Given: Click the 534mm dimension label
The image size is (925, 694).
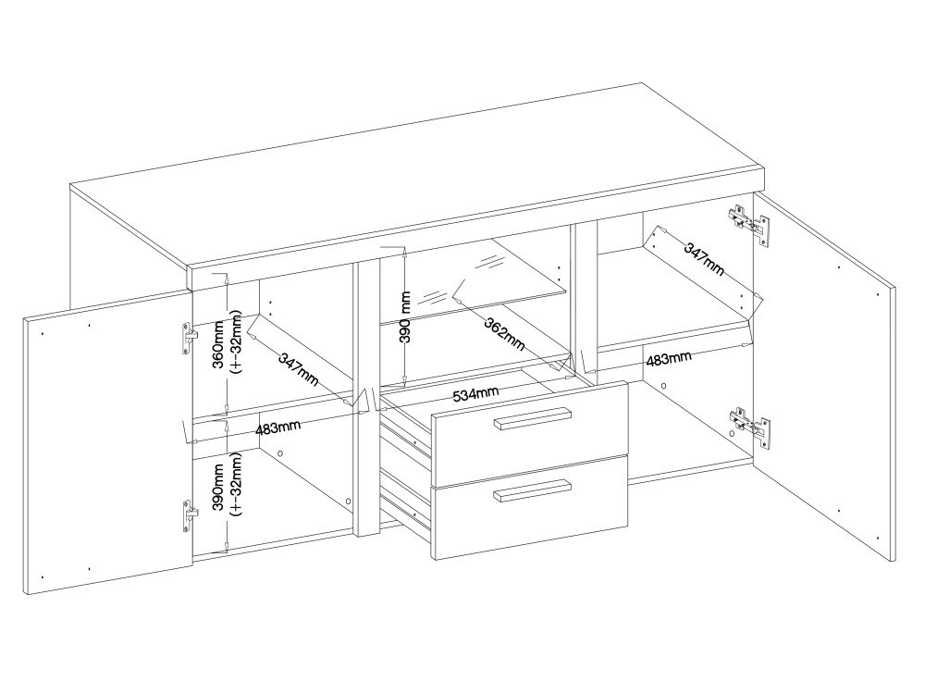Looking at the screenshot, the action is tap(475, 393).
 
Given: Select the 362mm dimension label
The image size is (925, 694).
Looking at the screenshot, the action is tap(504, 334).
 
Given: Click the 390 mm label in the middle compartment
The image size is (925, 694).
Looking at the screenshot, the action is tap(405, 316).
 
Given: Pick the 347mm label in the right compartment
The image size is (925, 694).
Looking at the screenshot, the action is tap(704, 258).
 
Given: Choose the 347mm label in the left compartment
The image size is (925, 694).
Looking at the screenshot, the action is tap(298, 369).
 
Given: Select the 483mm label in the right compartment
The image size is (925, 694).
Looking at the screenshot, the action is tap(669, 359).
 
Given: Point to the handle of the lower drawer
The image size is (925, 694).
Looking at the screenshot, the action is tap(532, 490).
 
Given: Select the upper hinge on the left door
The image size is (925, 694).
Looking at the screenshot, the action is tap(188, 339).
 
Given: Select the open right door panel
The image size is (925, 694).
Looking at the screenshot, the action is tap(825, 376).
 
